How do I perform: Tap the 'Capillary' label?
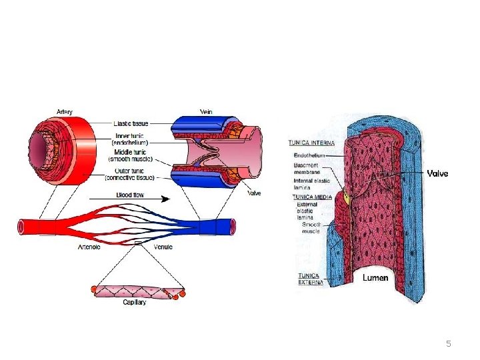tap(135, 302)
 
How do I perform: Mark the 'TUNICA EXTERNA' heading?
tap(310, 279)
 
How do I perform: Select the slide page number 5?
tap(448, 344)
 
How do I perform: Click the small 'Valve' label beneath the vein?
tap(254, 193)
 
